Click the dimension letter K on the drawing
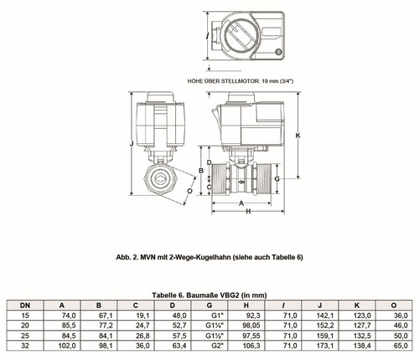tap(298, 136)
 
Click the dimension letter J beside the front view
tap(132, 144)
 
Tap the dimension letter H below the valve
tap(248, 212)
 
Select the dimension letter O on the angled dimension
tap(190, 191)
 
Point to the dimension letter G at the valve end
tap(277, 179)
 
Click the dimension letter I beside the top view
tap(207, 36)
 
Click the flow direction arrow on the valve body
tap(241, 183)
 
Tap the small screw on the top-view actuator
tap(278, 52)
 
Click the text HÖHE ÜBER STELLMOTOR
tap(224, 81)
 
